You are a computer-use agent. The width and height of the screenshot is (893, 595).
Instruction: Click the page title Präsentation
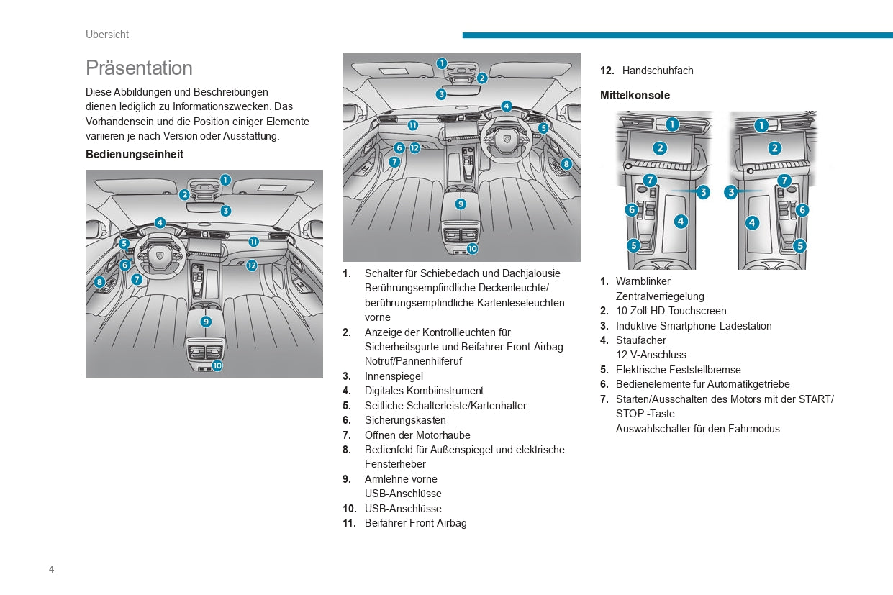(x=139, y=68)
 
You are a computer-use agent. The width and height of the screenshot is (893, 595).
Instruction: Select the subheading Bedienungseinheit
(x=135, y=155)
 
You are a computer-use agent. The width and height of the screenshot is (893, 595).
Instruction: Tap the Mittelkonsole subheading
(x=635, y=96)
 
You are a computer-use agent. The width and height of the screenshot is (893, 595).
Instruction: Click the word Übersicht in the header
(x=107, y=35)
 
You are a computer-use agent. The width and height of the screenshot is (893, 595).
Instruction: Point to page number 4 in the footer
(x=51, y=570)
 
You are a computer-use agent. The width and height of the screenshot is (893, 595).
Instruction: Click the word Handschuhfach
(x=658, y=71)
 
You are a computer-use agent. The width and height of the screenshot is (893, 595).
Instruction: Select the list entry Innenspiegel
(x=394, y=376)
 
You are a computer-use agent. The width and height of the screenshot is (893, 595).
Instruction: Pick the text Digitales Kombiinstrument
(x=424, y=391)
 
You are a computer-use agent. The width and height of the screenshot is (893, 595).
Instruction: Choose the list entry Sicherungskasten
(x=405, y=420)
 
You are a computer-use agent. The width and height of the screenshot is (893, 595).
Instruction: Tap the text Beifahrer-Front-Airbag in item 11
(x=415, y=523)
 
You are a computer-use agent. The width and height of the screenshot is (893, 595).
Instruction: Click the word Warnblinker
(x=643, y=281)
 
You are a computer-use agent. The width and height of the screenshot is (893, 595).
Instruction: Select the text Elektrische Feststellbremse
(x=678, y=370)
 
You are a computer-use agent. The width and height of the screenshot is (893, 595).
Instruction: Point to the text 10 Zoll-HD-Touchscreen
(x=671, y=311)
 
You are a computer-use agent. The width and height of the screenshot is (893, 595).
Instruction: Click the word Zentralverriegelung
(x=660, y=296)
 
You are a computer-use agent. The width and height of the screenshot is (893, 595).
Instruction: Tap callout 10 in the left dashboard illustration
(x=217, y=365)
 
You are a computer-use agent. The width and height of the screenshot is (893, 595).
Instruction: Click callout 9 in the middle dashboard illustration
(x=461, y=204)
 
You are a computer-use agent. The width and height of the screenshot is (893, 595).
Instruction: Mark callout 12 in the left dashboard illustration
(x=251, y=265)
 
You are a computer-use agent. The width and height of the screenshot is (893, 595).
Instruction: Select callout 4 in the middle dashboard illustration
(x=507, y=106)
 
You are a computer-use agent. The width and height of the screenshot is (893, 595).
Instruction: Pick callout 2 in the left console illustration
(x=660, y=148)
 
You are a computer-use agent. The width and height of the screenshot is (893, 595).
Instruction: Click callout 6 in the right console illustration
(x=802, y=210)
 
